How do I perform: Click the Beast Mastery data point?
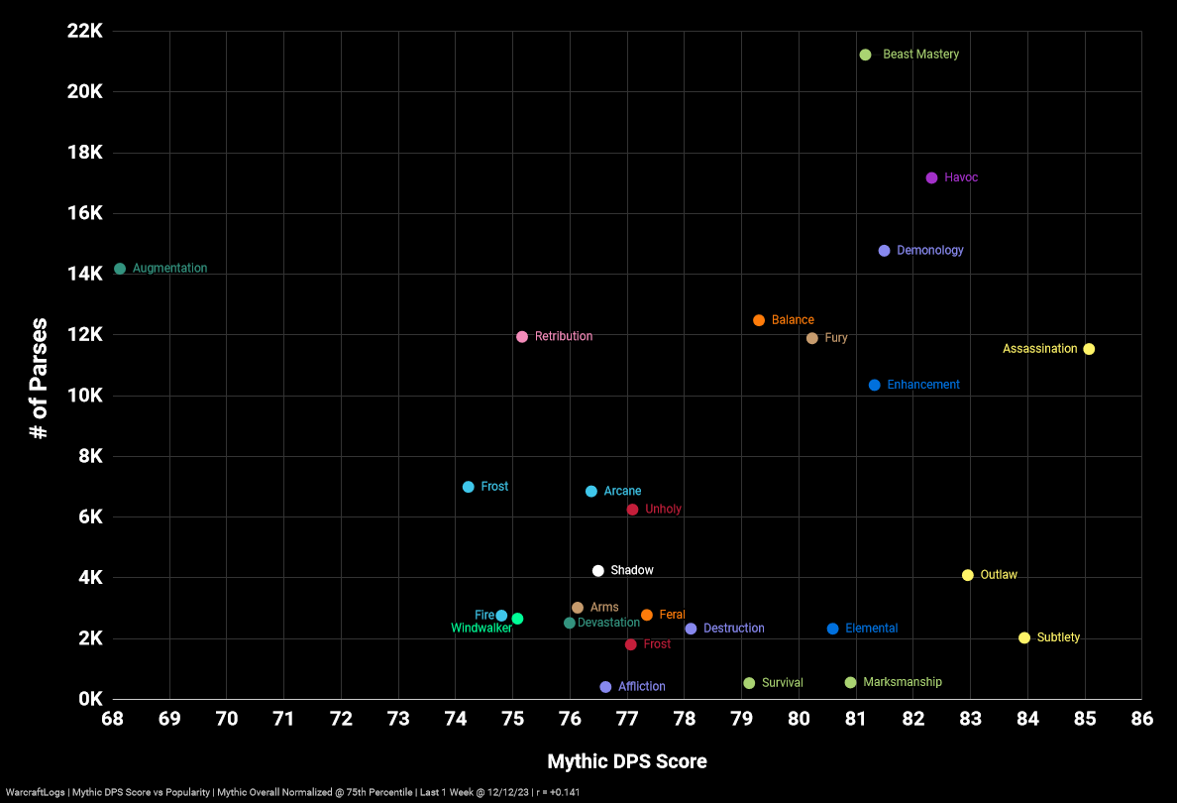coord(865,55)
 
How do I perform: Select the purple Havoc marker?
coord(931,177)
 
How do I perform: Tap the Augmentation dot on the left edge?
coord(120,269)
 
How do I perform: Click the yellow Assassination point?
coord(1089,349)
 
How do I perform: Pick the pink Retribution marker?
coord(522,336)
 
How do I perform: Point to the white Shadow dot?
coord(598,571)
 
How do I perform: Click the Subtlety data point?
coord(1024,637)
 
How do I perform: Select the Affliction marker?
coord(605,687)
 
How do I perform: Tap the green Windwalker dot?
coord(517,619)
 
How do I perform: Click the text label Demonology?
coord(929,251)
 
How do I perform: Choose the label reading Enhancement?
coord(922,385)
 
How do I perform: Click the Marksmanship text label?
coord(902,682)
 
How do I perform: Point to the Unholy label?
coord(663,510)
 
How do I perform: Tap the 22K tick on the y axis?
coord(84,31)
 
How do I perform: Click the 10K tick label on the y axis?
coord(84,396)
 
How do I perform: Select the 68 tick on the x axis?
coord(112,719)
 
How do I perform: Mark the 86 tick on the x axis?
coord(1141,719)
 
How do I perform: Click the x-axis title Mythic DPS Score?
coord(627,761)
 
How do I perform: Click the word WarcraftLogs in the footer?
coord(33,792)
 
